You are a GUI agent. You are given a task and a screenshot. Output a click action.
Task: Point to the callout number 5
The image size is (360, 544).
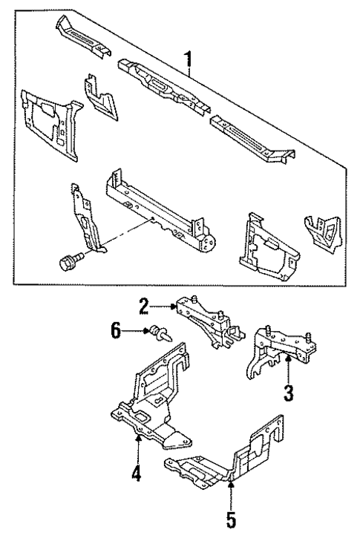click(x=231, y=515)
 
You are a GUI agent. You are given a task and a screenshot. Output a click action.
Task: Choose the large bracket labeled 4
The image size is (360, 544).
click(x=152, y=401)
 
